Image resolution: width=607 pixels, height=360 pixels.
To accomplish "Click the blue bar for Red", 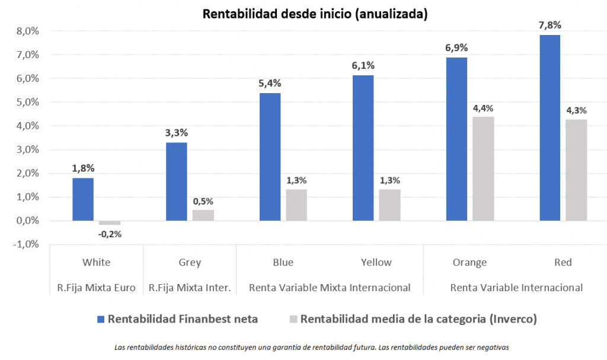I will click(550, 128).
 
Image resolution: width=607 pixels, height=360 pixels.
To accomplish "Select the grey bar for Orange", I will click(483, 168).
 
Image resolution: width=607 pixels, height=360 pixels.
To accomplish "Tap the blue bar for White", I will click(83, 199).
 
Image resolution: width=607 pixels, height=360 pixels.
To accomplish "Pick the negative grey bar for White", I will click(109, 223).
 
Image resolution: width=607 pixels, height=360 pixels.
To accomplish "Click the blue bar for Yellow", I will click(363, 148).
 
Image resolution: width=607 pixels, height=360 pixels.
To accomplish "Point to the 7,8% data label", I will click(550, 26).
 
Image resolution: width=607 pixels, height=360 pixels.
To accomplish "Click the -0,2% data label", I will click(110, 234).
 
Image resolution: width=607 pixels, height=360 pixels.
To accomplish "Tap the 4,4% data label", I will click(483, 108).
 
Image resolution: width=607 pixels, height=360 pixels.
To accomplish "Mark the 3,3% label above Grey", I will click(176, 133).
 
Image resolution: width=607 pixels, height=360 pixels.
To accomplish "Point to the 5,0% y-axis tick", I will click(26, 102).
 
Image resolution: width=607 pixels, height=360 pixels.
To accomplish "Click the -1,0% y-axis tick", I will click(25, 244).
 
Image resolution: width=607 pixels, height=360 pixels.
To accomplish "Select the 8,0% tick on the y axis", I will click(26, 31).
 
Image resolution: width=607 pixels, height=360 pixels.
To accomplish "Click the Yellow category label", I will click(376, 262).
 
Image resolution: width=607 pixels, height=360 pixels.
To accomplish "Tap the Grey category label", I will click(190, 262).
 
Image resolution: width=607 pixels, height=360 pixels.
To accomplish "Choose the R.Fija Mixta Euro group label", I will click(97, 288).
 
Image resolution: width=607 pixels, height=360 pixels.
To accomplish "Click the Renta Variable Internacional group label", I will click(516, 288).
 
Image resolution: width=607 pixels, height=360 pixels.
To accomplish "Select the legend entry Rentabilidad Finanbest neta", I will click(183, 319).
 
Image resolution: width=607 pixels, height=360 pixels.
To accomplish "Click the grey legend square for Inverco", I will click(292, 319).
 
